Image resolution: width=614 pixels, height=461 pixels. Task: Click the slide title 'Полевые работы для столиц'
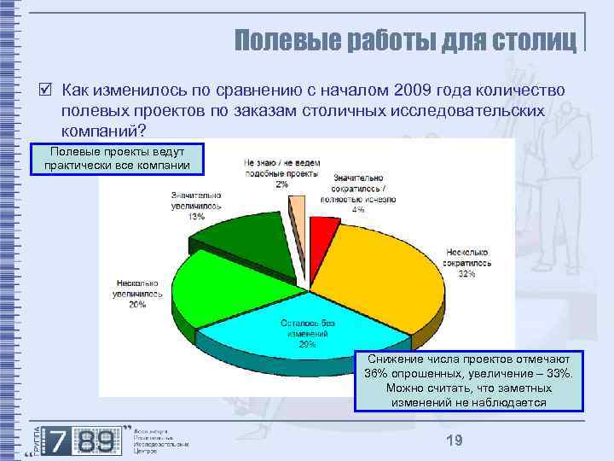pos(405,40)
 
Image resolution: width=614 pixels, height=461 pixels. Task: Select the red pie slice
pos(321,229)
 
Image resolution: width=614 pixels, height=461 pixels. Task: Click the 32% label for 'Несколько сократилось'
pos(466,275)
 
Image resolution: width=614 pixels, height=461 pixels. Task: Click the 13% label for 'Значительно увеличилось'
pos(196,217)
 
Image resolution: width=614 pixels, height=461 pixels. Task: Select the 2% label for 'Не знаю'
pos(281,184)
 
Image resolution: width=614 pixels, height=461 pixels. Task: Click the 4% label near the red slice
pos(358,209)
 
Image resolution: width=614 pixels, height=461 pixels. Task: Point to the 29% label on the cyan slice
pos(307,345)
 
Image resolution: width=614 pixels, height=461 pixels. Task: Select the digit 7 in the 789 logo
pos(59,441)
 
